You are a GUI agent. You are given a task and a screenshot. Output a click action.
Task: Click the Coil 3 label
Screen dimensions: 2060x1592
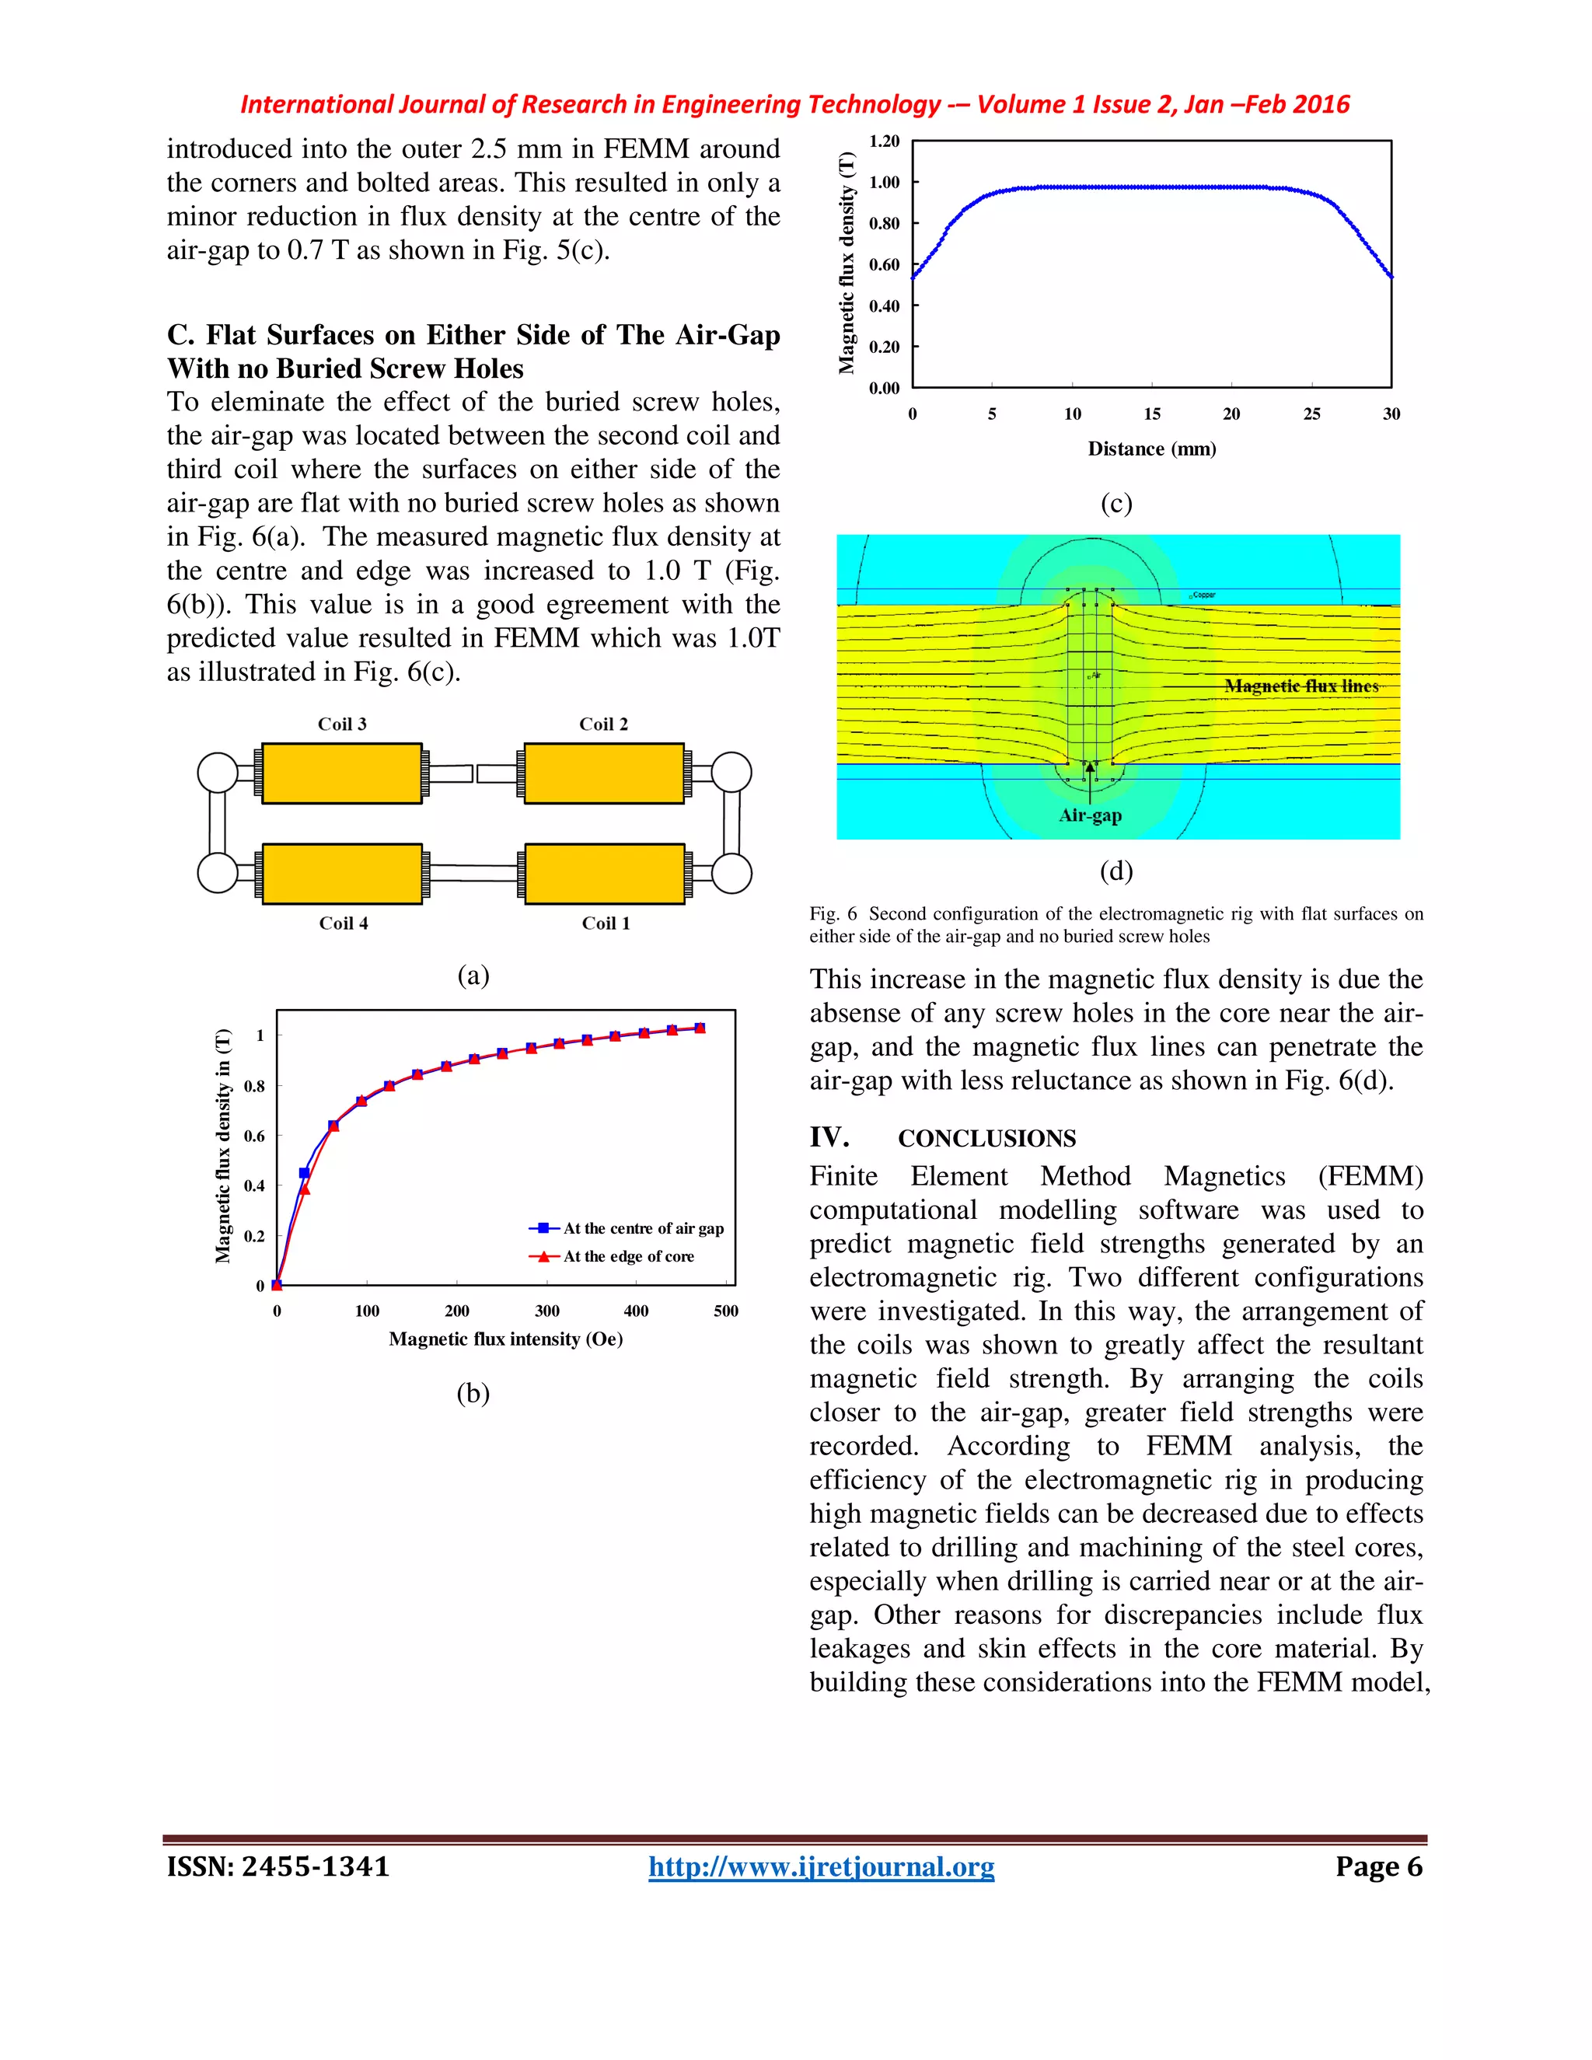pyautogui.click(x=341, y=724)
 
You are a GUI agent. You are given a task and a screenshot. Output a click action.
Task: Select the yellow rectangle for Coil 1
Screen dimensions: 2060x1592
pyautogui.click(x=603, y=874)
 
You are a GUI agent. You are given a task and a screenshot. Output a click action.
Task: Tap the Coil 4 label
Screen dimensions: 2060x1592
pyautogui.click(x=344, y=923)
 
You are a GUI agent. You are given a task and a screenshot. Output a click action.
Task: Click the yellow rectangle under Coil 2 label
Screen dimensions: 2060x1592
pyautogui.click(x=603, y=773)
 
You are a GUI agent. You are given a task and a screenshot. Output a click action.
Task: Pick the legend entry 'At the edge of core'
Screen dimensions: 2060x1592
pyautogui.click(x=628, y=1256)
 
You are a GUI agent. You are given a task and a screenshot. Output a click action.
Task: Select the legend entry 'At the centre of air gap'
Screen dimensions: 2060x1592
pyautogui.click(x=643, y=1228)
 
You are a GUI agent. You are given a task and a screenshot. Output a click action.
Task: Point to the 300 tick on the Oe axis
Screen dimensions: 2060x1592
pyautogui.click(x=547, y=1310)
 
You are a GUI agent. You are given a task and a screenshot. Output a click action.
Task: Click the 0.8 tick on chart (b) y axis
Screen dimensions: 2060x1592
pyautogui.click(x=255, y=1086)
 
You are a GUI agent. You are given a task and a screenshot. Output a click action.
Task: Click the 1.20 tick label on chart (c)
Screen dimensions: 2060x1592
pyautogui.click(x=884, y=141)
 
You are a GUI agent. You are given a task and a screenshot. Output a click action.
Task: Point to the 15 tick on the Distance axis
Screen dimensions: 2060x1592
pyautogui.click(x=1153, y=414)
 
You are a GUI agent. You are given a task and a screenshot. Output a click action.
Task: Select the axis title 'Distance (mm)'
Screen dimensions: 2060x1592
pyautogui.click(x=1151, y=449)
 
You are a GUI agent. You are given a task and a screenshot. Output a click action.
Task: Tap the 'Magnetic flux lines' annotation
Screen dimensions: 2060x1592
pyautogui.click(x=1301, y=686)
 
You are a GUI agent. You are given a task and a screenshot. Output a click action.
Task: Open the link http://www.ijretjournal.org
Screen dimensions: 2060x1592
pyautogui.click(x=821, y=1866)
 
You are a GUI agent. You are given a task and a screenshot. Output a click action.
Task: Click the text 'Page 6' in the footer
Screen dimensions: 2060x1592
pyautogui.click(x=1378, y=1866)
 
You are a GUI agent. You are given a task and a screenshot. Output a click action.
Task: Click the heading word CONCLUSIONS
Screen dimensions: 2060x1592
pyautogui.click(x=986, y=1139)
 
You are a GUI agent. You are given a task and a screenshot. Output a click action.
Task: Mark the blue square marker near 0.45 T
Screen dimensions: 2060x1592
pyautogui.click(x=304, y=1172)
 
